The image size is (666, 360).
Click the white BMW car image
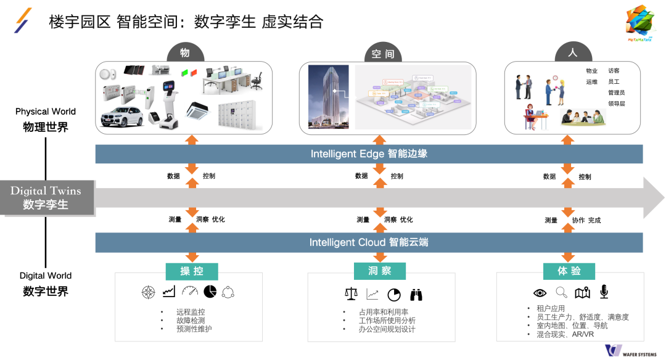[x=124, y=117]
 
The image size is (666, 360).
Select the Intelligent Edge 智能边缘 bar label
[x=369, y=153]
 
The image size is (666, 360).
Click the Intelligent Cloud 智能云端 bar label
[x=369, y=242]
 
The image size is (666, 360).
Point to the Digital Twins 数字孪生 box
[x=46, y=197]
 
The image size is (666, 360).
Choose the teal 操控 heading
[x=191, y=271]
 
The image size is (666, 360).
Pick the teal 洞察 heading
[x=380, y=271]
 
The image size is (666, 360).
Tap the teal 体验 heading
[x=569, y=271]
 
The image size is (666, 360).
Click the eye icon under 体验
[x=540, y=293]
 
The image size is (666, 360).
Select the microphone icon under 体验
[x=604, y=292]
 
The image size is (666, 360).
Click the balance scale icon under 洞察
[x=351, y=295]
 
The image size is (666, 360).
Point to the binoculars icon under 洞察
[x=416, y=295]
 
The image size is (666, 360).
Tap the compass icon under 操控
[x=148, y=292]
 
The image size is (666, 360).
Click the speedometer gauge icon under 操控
[x=189, y=292]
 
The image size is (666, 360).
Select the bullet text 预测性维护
[x=194, y=329]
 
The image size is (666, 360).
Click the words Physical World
[x=46, y=112]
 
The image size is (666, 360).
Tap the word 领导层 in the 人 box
[x=616, y=104]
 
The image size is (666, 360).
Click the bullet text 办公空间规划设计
[x=387, y=329]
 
